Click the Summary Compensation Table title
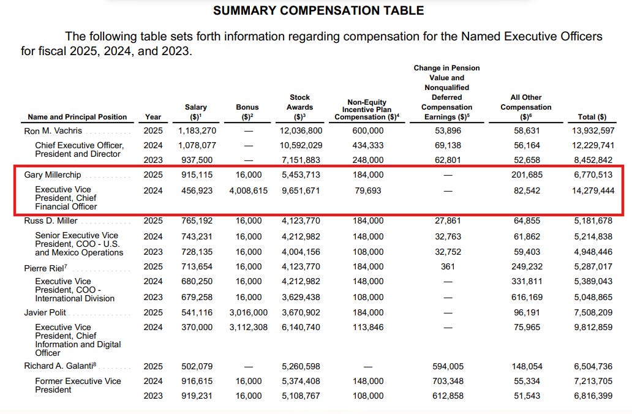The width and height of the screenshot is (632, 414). point(318,10)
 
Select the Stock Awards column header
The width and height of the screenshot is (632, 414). point(299,107)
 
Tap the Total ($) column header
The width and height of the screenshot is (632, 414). point(592,117)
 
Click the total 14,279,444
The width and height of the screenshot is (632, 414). point(592,190)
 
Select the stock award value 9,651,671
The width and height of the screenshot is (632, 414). point(299,190)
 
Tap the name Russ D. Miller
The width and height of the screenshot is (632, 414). point(50,220)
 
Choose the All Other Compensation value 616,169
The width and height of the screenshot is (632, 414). point(526,297)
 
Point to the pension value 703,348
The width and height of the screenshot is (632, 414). point(447,381)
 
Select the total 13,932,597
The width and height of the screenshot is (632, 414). point(592,131)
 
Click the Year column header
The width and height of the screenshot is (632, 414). point(153,117)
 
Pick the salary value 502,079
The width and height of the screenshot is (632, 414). point(195,366)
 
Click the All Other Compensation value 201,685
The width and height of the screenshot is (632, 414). point(526,175)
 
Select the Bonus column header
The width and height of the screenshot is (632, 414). point(247,111)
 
